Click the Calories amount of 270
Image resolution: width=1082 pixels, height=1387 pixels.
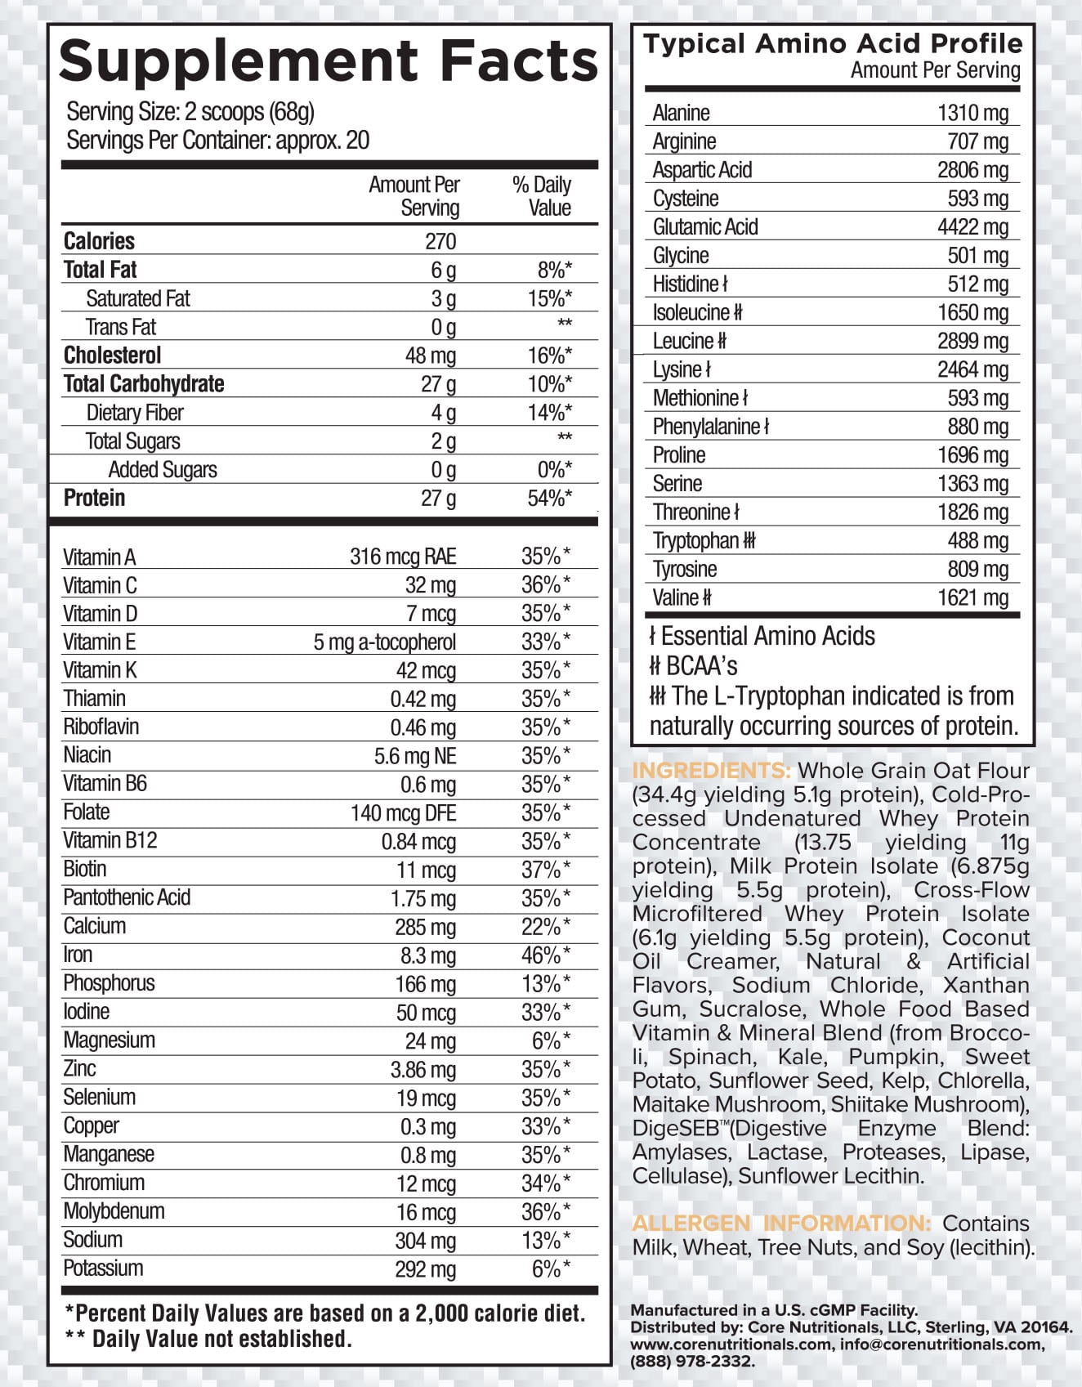point(440,241)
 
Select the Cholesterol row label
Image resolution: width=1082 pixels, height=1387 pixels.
point(112,356)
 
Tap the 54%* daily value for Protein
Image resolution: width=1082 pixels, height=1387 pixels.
point(549,498)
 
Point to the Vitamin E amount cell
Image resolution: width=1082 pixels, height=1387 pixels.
point(384,642)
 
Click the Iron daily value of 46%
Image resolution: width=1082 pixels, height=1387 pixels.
point(546,955)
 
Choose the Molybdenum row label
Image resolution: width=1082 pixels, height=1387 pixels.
point(114,1211)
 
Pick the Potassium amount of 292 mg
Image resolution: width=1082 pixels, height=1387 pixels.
point(425,1269)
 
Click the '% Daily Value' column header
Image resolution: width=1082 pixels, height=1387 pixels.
point(542,196)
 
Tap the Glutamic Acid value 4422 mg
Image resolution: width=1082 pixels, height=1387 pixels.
point(972,227)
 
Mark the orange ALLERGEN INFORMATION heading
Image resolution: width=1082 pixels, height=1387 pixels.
point(781,1224)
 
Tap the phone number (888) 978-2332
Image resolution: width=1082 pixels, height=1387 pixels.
point(692,1361)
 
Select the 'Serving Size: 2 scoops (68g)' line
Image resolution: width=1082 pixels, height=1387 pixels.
point(190,112)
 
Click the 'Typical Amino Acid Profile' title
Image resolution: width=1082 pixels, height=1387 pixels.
point(833,44)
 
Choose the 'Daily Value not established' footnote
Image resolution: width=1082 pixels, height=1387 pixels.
point(208,1339)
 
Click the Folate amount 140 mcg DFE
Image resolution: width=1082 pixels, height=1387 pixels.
point(403,813)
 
